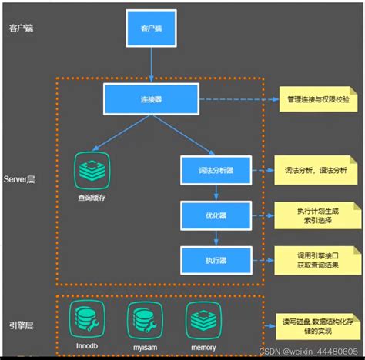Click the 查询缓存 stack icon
tap(92, 170)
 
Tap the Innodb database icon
tap(86, 317)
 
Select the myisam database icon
tap(143, 317)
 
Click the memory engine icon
tap(201, 317)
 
